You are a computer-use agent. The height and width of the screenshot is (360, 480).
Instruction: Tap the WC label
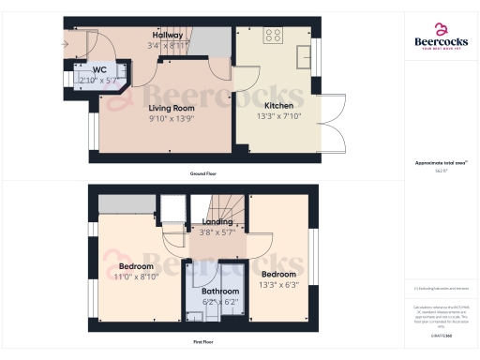98,68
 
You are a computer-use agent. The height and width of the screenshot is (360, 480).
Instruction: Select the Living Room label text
169,107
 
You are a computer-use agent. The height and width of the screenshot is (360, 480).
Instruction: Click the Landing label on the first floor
217,222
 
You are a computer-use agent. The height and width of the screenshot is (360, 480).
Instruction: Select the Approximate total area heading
438,163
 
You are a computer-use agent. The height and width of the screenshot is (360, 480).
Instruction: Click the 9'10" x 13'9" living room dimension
169,119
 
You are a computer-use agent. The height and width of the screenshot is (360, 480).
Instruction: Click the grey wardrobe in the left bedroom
125,205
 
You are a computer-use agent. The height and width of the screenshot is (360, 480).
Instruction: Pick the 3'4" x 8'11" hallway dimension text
169,44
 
